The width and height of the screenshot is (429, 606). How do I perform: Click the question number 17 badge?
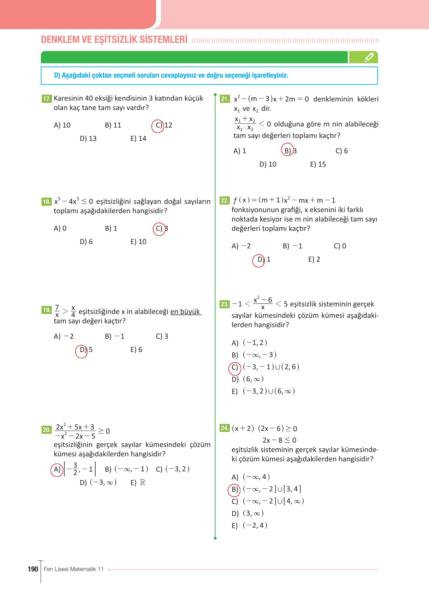pos(47,99)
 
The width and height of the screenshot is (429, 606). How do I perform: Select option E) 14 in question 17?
pos(138,139)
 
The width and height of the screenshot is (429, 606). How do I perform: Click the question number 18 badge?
pos(47,202)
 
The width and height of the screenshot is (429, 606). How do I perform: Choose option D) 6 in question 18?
pos(86,242)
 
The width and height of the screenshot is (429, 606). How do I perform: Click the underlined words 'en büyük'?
pos(185,312)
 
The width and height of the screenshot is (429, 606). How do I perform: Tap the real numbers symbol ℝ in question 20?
pos(143,482)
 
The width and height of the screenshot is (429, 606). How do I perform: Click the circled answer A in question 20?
pos(57,469)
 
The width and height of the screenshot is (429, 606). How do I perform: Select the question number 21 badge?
pos(225,99)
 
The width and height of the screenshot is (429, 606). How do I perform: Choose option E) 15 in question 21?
pos(318,164)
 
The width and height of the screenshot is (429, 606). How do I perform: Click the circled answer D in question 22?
pos(259,260)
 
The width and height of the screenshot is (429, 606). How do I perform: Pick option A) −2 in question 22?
pos(241,246)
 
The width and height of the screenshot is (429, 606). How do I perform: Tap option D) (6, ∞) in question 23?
pos(248,379)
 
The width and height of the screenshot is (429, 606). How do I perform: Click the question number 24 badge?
pos(225,428)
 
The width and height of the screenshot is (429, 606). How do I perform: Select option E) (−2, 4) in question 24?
pos(249,526)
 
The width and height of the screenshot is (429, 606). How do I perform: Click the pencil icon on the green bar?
pos(369,57)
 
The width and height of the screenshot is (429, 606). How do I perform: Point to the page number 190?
pos(33,569)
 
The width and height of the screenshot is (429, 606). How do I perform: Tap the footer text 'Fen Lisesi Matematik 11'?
pos(74,569)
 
